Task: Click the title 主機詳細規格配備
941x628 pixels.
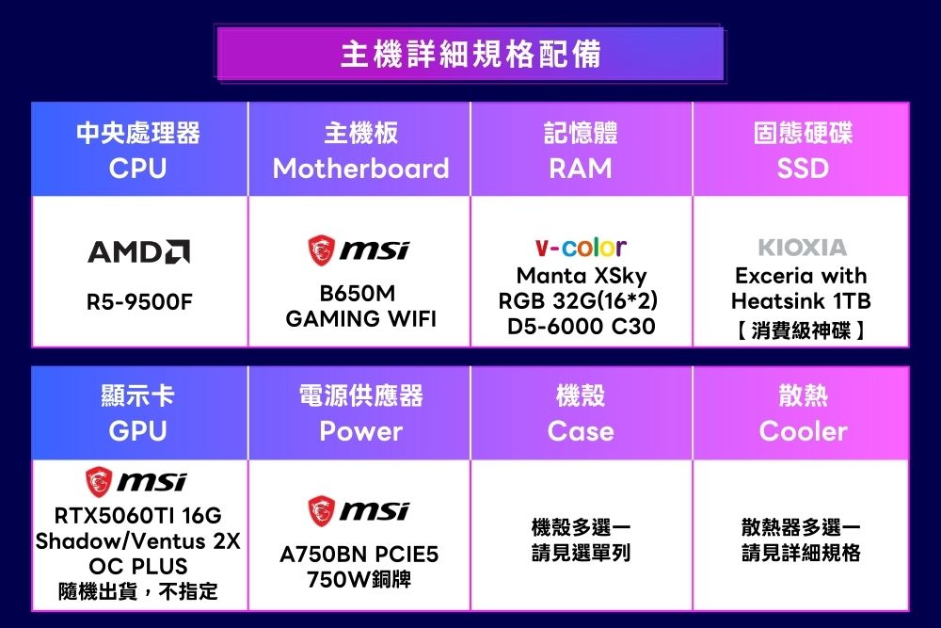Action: click(470, 54)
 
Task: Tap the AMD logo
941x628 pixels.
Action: click(138, 251)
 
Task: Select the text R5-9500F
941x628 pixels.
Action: click(139, 301)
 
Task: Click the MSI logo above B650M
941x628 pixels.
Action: click(359, 250)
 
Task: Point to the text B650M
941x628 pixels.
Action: click(358, 293)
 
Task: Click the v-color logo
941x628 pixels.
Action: click(581, 246)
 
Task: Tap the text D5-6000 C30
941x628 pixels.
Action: click(581, 326)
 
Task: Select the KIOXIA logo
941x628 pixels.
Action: click(803, 247)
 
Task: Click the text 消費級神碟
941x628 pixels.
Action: click(801, 330)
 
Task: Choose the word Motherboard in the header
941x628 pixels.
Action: click(360, 169)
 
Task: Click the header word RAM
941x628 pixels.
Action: click(581, 169)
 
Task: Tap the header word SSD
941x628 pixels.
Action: click(803, 169)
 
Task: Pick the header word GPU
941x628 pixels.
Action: click(138, 431)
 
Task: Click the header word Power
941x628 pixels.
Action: click(360, 431)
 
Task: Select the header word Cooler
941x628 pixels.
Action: click(803, 431)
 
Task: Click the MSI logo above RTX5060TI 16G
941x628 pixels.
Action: click(136, 481)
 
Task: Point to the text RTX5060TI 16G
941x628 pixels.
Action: click(138, 515)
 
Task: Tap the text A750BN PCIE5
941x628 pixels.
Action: click(359, 555)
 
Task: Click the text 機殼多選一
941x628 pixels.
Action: click(581, 528)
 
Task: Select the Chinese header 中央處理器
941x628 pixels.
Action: click(138, 133)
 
